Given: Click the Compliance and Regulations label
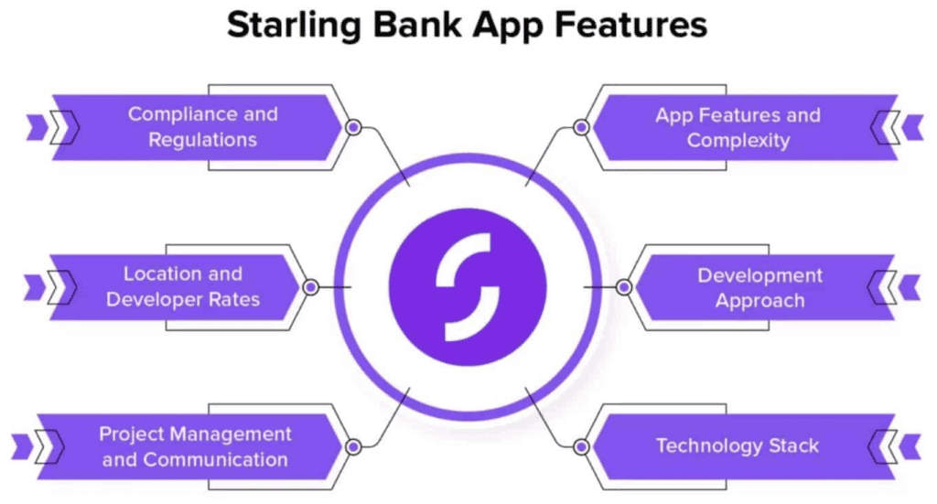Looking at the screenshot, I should click(x=202, y=127).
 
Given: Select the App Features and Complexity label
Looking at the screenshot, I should click(x=738, y=128).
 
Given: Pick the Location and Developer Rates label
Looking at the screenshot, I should click(x=183, y=286).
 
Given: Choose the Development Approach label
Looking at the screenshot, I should click(x=759, y=287).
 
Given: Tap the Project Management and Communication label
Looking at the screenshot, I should click(x=195, y=446).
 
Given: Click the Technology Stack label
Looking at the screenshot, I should click(x=737, y=446).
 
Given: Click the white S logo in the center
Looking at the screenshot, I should click(x=468, y=287).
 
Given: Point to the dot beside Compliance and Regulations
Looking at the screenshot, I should click(x=353, y=127).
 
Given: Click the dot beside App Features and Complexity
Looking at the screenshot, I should click(x=580, y=127).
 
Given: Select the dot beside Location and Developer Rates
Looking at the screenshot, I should click(x=310, y=287).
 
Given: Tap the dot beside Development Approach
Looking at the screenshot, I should click(x=624, y=287).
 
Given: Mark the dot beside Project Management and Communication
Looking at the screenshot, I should click(x=353, y=447).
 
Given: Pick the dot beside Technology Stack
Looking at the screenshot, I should click(x=580, y=447).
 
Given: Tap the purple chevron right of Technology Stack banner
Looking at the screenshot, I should click(x=910, y=447).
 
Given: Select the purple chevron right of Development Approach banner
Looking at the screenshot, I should click(x=910, y=287).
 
